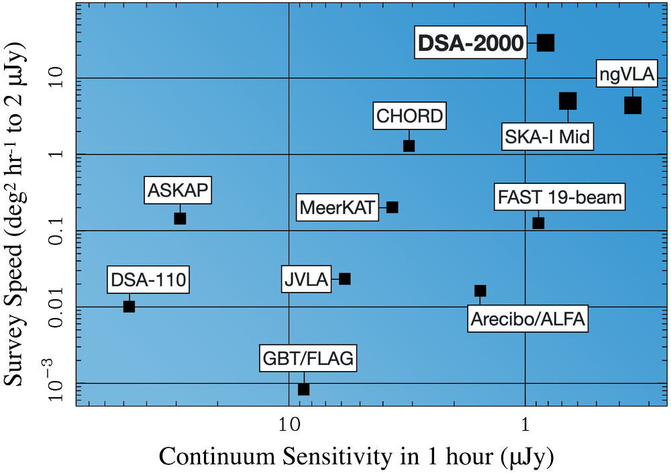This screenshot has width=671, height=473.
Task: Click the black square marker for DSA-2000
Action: (x=546, y=42)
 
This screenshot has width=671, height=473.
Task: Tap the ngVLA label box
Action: (x=626, y=75)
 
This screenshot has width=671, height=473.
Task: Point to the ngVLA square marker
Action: (x=633, y=105)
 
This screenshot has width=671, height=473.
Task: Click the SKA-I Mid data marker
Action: (x=568, y=101)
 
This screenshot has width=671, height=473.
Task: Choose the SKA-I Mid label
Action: (x=547, y=138)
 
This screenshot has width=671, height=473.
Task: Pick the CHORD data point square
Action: (x=409, y=146)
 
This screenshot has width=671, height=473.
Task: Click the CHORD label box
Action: (x=410, y=116)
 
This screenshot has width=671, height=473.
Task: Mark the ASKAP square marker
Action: (x=180, y=218)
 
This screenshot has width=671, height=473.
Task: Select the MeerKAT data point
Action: (x=393, y=207)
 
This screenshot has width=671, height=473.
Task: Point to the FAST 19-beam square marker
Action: (x=538, y=223)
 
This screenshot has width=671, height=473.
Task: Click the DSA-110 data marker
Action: (x=130, y=307)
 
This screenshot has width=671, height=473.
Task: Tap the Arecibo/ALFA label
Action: (x=527, y=319)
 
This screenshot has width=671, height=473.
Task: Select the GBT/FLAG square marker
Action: (x=303, y=389)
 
